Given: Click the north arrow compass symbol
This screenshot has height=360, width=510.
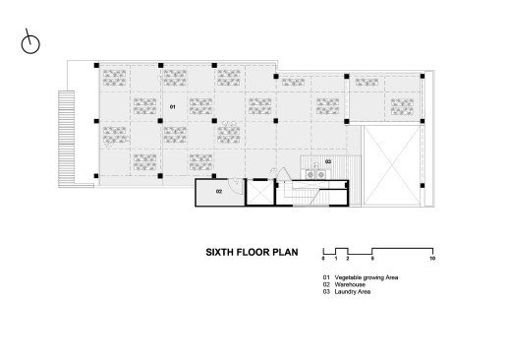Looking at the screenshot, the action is click(30, 42).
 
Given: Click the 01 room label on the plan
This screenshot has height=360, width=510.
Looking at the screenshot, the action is click(172, 107).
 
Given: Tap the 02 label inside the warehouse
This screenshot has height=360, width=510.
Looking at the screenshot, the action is click(219, 192).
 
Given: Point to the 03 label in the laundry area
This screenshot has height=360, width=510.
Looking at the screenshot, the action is click(328, 161).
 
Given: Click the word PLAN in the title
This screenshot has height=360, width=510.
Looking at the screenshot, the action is click(286, 252).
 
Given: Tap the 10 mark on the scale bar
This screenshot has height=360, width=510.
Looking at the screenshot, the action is click(432, 259).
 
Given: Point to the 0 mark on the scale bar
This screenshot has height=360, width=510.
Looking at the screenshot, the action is click(323, 259).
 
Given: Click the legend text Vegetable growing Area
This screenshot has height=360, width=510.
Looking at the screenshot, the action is click(367, 277).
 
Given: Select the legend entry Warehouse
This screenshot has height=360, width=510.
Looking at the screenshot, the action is click(350, 284).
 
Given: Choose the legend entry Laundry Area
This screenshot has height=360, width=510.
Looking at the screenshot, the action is click(353, 291).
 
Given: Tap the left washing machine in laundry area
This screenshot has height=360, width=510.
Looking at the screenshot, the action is click(311, 175).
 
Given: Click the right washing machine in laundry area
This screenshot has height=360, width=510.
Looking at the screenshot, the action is click(321, 175).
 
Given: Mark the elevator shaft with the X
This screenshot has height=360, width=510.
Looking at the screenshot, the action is click(260, 192).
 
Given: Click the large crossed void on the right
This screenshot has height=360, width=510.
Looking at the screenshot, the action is click(392, 165).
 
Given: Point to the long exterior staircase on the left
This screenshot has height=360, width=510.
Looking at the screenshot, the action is click(67, 139).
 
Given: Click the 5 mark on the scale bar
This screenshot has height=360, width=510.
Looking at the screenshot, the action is click(372, 259).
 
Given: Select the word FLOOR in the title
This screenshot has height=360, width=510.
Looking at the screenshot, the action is click(254, 252).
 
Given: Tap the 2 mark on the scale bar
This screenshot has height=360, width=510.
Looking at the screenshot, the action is click(348, 259).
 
